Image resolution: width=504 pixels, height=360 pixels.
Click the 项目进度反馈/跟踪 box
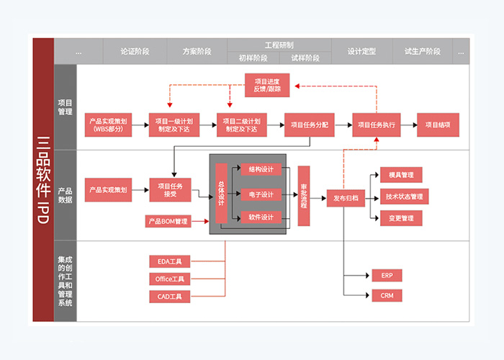267,85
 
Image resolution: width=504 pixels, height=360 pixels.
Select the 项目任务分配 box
309,125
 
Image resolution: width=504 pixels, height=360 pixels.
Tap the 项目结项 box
438,125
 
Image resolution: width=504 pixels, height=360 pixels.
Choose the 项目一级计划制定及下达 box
174,125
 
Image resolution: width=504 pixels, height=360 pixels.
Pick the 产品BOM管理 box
168,221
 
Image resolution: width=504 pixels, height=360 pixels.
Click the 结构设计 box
261,170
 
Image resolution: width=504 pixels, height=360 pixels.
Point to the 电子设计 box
261,194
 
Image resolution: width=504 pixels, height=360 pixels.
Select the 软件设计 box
261,217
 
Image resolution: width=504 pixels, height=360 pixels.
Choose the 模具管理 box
401,174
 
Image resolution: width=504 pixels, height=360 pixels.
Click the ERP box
387,275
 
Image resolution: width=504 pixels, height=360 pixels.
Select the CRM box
387,295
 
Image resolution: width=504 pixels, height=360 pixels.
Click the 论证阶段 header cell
135,52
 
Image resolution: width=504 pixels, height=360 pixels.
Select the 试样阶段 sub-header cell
305,58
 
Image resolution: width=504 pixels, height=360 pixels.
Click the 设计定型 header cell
361,52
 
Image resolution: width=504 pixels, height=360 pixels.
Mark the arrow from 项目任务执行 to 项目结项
410,125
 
